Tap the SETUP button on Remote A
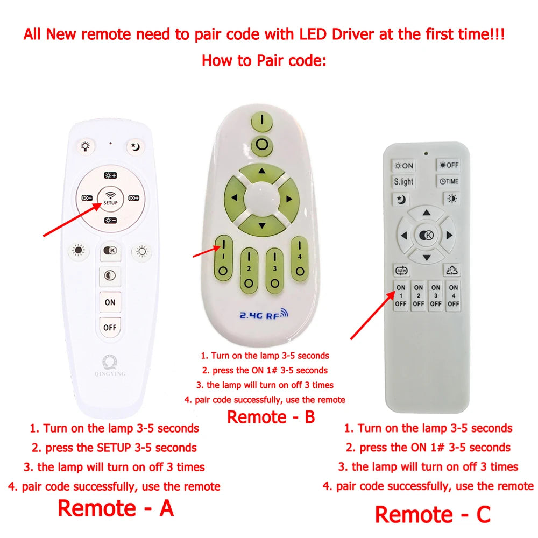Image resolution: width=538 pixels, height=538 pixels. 110,199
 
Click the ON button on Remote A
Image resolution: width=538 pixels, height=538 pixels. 110,302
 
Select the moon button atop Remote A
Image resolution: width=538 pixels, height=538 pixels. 135,147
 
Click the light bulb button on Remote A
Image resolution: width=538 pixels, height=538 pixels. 86,146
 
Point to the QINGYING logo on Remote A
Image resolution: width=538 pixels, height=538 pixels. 110,366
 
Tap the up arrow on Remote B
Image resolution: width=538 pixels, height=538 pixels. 262,171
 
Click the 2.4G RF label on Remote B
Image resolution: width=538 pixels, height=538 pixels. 264,314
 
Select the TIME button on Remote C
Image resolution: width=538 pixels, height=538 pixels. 449,181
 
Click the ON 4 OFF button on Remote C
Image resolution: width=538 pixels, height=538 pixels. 453,296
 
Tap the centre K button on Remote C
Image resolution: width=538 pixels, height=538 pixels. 427,235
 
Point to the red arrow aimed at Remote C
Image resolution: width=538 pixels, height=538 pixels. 373,315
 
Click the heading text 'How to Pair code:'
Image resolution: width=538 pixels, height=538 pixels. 264,61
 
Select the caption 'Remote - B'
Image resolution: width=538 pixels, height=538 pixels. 271,417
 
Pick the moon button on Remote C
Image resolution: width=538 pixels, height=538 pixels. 401,199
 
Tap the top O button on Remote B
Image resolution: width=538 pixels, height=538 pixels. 262,144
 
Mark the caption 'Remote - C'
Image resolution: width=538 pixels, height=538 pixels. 433,515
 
